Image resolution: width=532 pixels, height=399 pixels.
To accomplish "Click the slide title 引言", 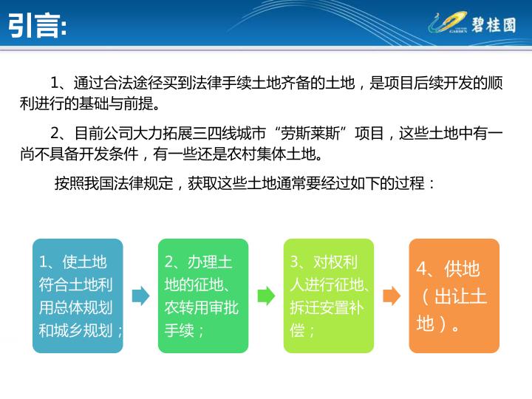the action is point(37,25).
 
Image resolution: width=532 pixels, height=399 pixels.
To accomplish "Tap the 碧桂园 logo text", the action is point(494,25).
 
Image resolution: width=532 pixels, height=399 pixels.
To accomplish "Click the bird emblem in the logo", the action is point(448,22).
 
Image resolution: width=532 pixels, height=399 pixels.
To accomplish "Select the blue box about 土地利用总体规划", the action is point(78,296).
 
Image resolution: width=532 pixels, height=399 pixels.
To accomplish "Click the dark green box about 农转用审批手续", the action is point(203,296).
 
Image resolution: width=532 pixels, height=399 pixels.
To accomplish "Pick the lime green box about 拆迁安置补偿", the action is point(329,296).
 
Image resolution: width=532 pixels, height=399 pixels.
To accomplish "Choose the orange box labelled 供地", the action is point(454,296).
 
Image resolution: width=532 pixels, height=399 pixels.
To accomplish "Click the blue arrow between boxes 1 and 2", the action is point(140,296).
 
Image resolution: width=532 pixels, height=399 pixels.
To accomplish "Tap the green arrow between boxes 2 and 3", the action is point(266,296).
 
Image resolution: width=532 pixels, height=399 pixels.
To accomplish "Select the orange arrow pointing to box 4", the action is point(392,296).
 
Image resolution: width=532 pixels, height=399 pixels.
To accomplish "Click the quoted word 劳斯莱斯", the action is point(310,133).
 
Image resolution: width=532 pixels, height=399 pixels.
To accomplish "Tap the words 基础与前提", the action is point(117,103).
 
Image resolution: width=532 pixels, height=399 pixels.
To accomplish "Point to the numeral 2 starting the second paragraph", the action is point(55,133).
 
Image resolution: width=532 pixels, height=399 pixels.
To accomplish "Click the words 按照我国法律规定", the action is point(114,183).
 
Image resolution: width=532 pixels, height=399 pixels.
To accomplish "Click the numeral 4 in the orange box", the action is point(423,269).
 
